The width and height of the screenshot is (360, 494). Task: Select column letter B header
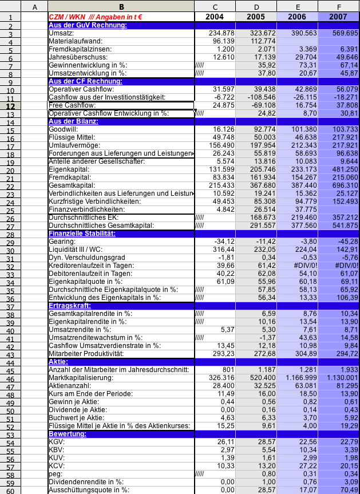pyautogui.click(x=121, y=6)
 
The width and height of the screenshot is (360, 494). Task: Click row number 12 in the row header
pyautogui.click(x=10, y=105)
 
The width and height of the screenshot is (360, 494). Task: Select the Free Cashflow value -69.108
pyautogui.click(x=263, y=105)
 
